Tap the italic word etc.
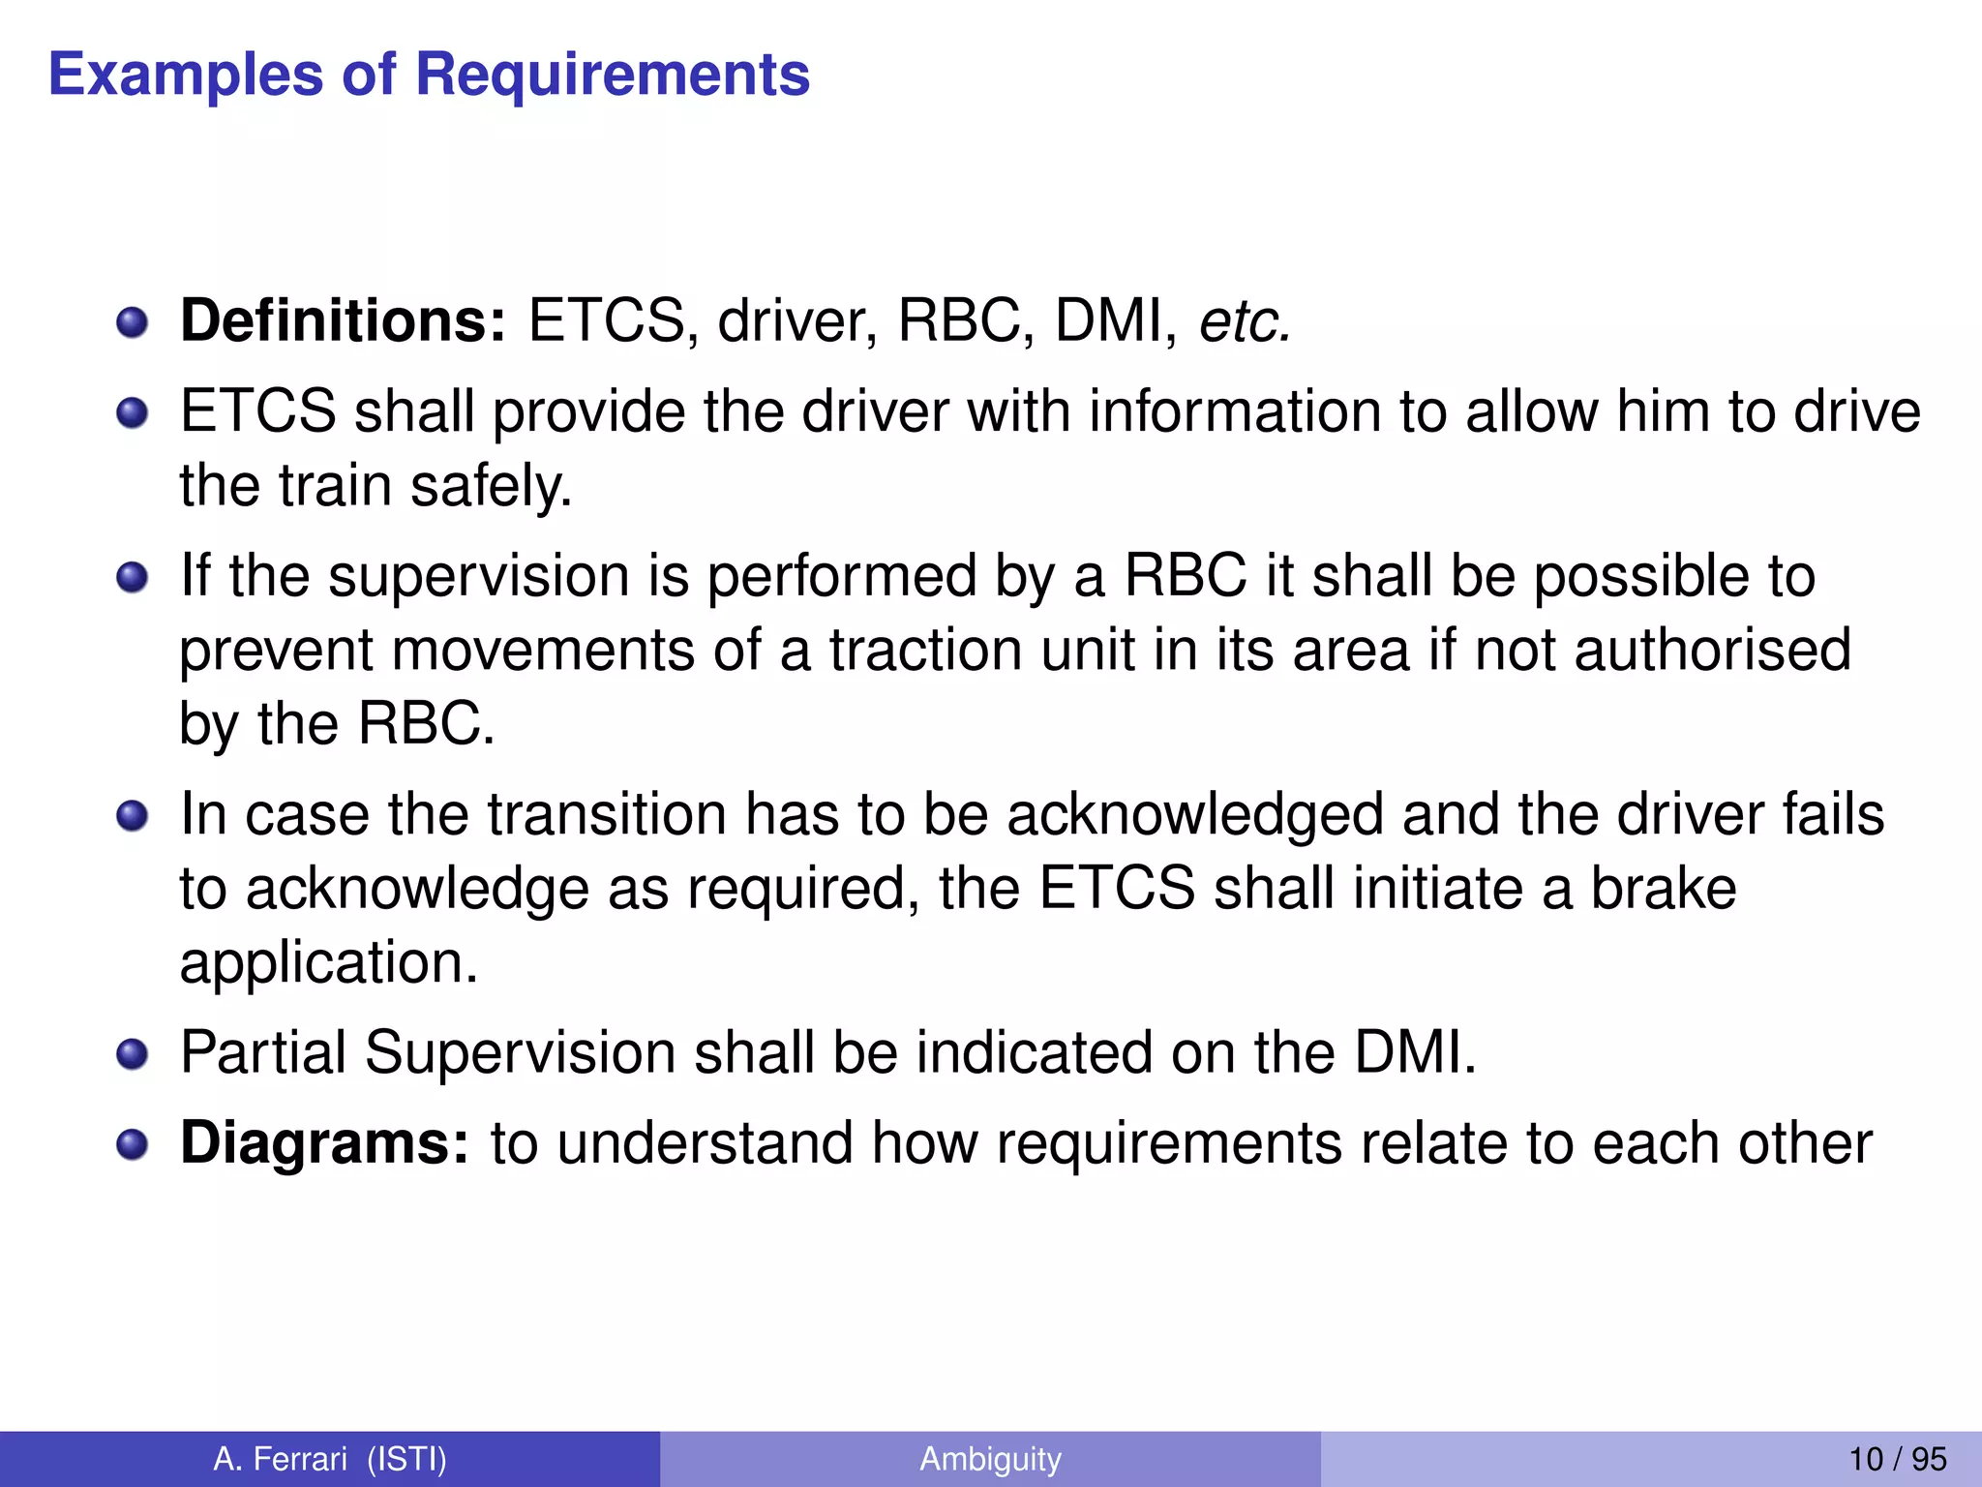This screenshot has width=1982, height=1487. coord(1245,322)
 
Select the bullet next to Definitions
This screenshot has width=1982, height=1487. coord(132,322)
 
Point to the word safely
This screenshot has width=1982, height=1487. coord(491,486)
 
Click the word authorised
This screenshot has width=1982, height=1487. coord(1712,650)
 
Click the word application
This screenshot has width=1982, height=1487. coord(329,963)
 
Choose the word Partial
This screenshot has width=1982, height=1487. coord(263,1052)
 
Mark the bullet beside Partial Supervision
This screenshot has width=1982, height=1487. coord(132,1054)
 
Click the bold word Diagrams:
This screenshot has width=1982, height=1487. coord(325,1143)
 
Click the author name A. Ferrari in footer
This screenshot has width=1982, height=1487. coord(280,1459)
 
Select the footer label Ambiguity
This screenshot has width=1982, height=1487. coord(990,1459)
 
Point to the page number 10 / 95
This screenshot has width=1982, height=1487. coord(1897,1459)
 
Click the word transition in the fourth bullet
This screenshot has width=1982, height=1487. coord(606,815)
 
